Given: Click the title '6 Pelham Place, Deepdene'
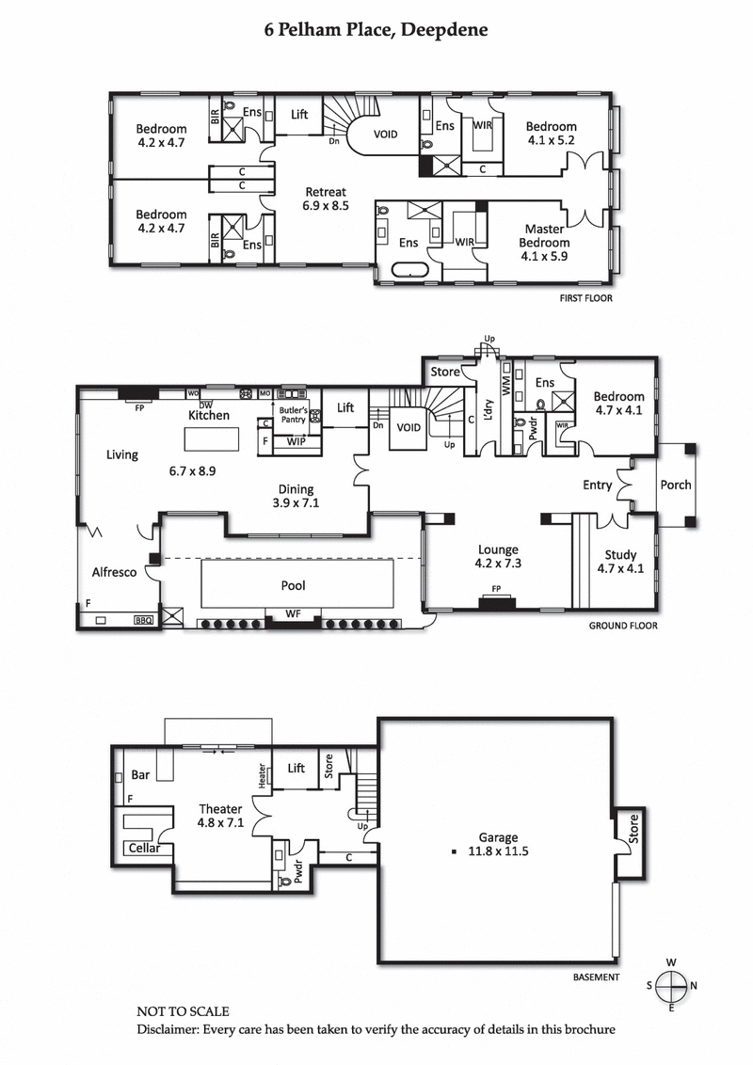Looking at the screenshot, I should point(376,31).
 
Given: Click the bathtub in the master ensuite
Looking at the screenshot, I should point(408,272).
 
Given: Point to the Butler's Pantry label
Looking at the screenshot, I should point(295,409).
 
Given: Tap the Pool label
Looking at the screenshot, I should point(293,585).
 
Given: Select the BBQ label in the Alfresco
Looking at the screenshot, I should point(143,621).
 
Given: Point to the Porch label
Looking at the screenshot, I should point(676,485).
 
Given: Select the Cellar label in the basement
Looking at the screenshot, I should point(144,849).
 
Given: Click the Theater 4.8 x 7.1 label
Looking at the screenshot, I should point(221,815).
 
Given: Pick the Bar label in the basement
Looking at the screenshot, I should point(140,776).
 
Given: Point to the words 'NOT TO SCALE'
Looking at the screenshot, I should point(183,1011).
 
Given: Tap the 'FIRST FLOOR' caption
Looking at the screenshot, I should point(585,298).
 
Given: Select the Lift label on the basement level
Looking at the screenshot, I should point(296,769).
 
